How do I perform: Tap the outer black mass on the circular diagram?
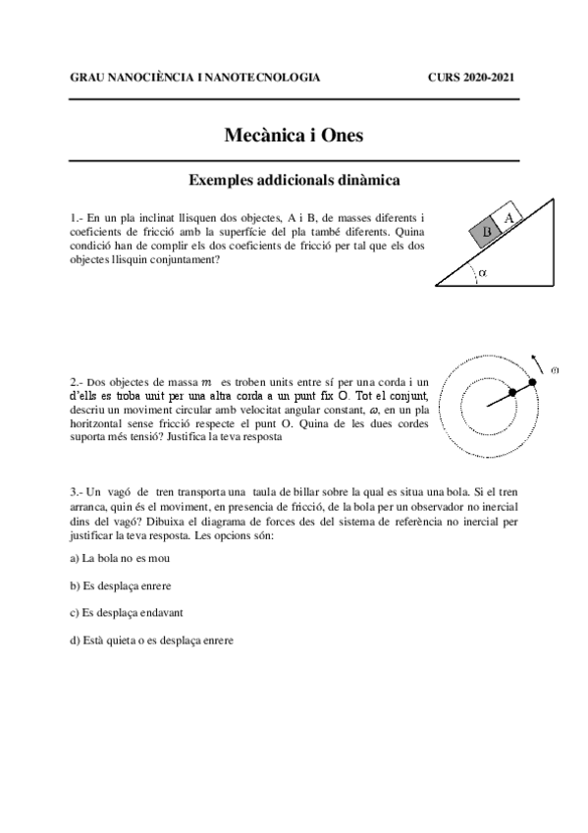tap(533, 381)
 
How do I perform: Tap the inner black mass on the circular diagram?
tap(511, 394)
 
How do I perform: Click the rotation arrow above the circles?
tap(535, 359)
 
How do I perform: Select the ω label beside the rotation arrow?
tap(555, 370)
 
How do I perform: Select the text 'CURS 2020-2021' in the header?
tap(472, 77)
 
